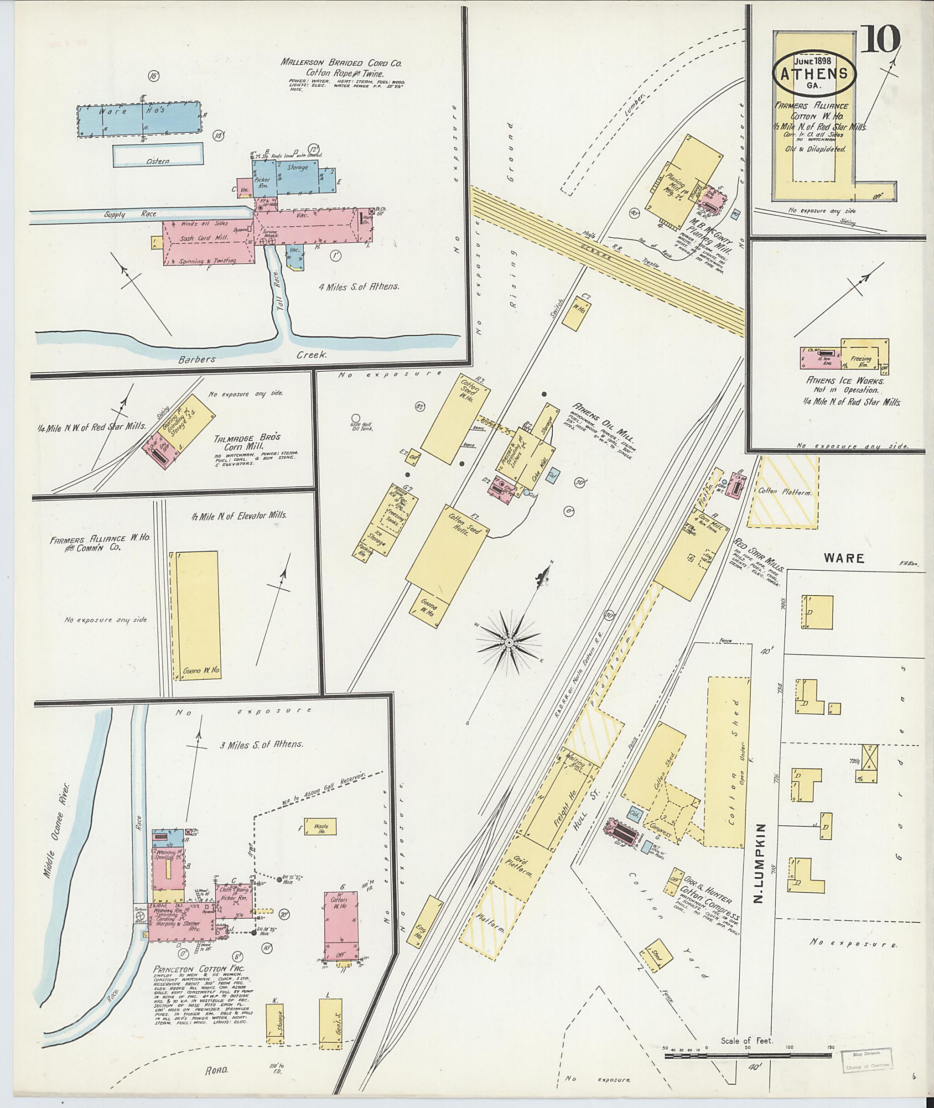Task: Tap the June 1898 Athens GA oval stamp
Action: point(815,73)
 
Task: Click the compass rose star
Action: point(509,642)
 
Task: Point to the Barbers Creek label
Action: point(197,359)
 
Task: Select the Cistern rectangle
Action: point(158,155)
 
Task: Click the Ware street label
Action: point(844,558)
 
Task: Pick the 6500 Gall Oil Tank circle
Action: point(356,418)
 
